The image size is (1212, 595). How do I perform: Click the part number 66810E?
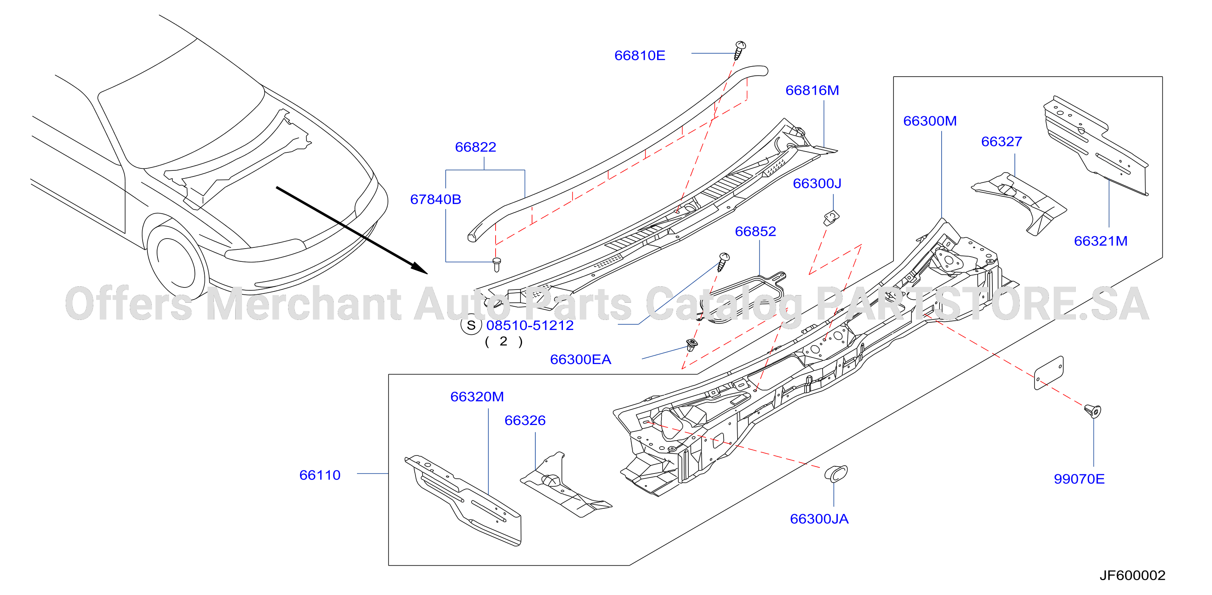[x=639, y=56]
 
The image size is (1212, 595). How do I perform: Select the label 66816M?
[x=812, y=90]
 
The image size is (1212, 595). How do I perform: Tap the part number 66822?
[x=475, y=147]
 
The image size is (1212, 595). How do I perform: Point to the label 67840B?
[x=435, y=199]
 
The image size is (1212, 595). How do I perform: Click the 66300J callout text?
[x=817, y=183]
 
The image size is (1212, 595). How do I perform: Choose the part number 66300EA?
[x=580, y=359]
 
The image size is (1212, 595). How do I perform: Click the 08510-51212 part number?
[x=530, y=325]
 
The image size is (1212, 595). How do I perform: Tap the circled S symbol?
[x=471, y=325]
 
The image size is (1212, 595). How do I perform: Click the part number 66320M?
[x=477, y=397]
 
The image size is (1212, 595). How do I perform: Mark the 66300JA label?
[x=819, y=519]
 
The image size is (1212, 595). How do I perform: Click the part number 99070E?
[x=1079, y=479]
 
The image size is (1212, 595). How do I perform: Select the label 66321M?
[x=1101, y=241]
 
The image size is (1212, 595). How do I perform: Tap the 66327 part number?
[x=1001, y=142]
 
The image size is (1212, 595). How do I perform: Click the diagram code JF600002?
[x=1132, y=575]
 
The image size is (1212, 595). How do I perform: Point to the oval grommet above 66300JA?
[x=836, y=474]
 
